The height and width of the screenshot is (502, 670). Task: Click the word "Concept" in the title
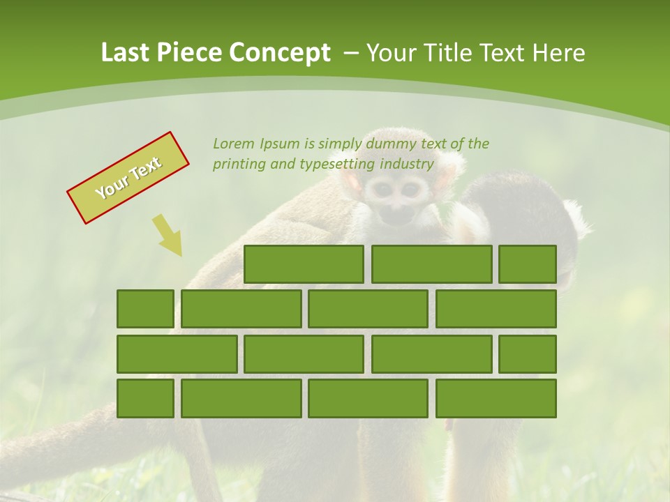pos(281,53)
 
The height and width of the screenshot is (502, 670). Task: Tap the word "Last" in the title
pos(126,53)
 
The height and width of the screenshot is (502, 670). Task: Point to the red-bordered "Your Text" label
pos(128,177)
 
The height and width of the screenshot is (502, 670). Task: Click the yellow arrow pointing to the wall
pos(168,235)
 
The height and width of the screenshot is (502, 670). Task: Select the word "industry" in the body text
pos(407,165)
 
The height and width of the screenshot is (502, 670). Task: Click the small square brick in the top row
pos(528,264)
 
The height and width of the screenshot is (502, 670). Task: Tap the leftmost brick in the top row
pos(304,264)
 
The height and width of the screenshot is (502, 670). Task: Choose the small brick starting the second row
pos(145,309)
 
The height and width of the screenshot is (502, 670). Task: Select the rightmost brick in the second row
pos(496,309)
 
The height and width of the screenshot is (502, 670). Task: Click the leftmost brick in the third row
pos(177,354)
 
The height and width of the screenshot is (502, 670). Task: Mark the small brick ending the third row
pos(528,354)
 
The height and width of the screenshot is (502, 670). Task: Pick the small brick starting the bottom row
pos(145,399)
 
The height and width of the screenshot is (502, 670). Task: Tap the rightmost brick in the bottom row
pos(496,399)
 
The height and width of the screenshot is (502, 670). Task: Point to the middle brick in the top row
pos(431,264)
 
